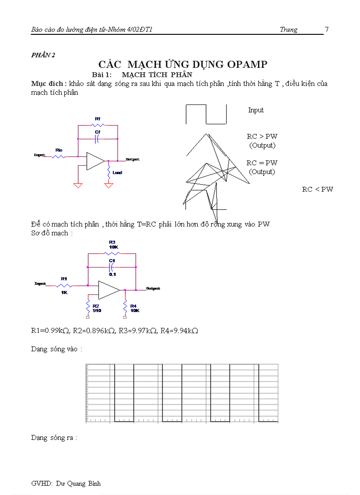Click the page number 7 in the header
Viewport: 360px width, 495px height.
click(x=326, y=30)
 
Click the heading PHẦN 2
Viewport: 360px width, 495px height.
click(x=43, y=55)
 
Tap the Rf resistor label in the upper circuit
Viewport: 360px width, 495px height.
click(x=97, y=119)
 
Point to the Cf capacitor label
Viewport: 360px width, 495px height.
click(x=97, y=132)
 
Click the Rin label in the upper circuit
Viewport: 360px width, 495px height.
click(x=59, y=150)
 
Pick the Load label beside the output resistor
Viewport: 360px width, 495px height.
click(x=117, y=173)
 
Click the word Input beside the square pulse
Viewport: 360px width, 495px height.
click(x=256, y=110)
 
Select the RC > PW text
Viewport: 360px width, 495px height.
click(x=262, y=137)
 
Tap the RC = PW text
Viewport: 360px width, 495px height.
click(x=262, y=163)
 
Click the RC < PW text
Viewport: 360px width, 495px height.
click(x=318, y=190)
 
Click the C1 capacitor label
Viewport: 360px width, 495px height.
click(x=112, y=261)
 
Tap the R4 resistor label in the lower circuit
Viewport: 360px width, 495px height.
click(x=134, y=308)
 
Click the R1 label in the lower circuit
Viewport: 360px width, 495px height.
click(x=64, y=279)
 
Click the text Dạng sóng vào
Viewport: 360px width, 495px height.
click(x=56, y=349)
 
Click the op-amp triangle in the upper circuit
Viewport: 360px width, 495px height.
click(x=94, y=161)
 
